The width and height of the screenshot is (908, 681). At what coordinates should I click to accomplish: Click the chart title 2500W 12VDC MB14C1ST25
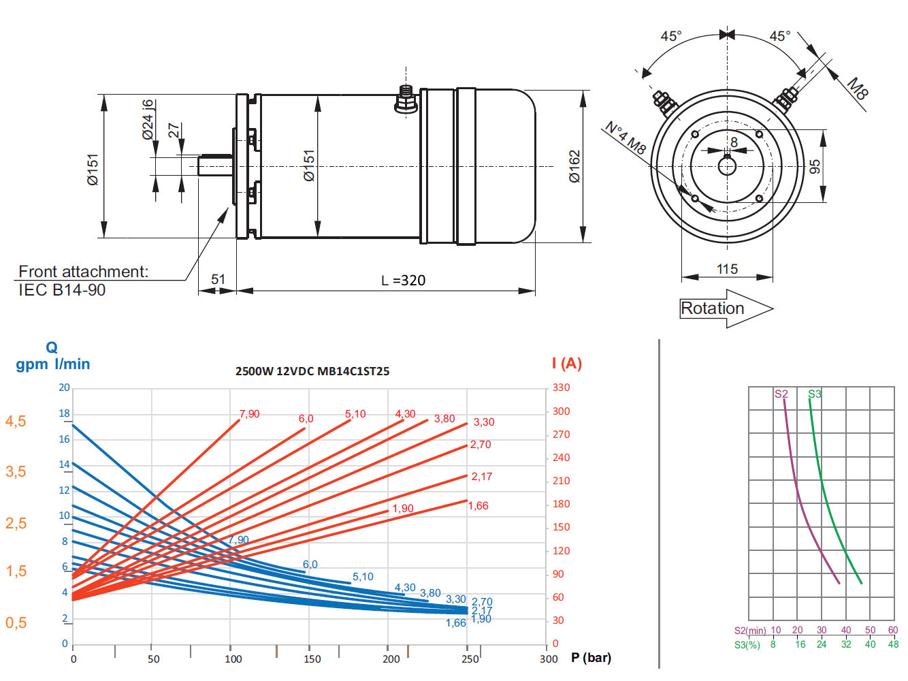(312, 371)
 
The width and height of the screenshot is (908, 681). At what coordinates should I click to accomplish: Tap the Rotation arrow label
(713, 308)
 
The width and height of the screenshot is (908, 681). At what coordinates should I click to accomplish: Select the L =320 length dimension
(403, 281)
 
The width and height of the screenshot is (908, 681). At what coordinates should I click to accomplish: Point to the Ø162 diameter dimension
(574, 166)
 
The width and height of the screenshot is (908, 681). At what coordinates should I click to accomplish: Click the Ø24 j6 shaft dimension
(148, 120)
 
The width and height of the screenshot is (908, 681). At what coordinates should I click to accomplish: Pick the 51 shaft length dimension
(218, 279)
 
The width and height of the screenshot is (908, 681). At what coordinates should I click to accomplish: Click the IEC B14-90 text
(62, 290)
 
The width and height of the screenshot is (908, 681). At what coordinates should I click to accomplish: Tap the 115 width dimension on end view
(727, 269)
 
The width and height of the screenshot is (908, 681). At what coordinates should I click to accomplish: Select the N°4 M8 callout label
(626, 138)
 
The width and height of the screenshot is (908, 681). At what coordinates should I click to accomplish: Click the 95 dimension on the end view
(815, 166)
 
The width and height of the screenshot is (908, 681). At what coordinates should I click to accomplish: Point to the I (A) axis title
(567, 364)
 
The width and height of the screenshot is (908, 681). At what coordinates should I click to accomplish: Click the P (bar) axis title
(591, 658)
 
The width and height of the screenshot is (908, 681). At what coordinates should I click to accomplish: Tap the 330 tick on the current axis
(561, 387)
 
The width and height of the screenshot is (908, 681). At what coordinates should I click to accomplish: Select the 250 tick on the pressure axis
(470, 659)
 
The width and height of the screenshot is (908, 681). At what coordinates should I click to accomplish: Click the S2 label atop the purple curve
(781, 394)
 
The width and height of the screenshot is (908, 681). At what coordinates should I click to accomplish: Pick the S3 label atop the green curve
(814, 394)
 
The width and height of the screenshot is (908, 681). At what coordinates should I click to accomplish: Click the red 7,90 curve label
(249, 414)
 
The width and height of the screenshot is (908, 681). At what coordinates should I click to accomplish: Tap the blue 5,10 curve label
(363, 577)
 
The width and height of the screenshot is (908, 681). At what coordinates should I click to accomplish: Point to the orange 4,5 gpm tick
(16, 422)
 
